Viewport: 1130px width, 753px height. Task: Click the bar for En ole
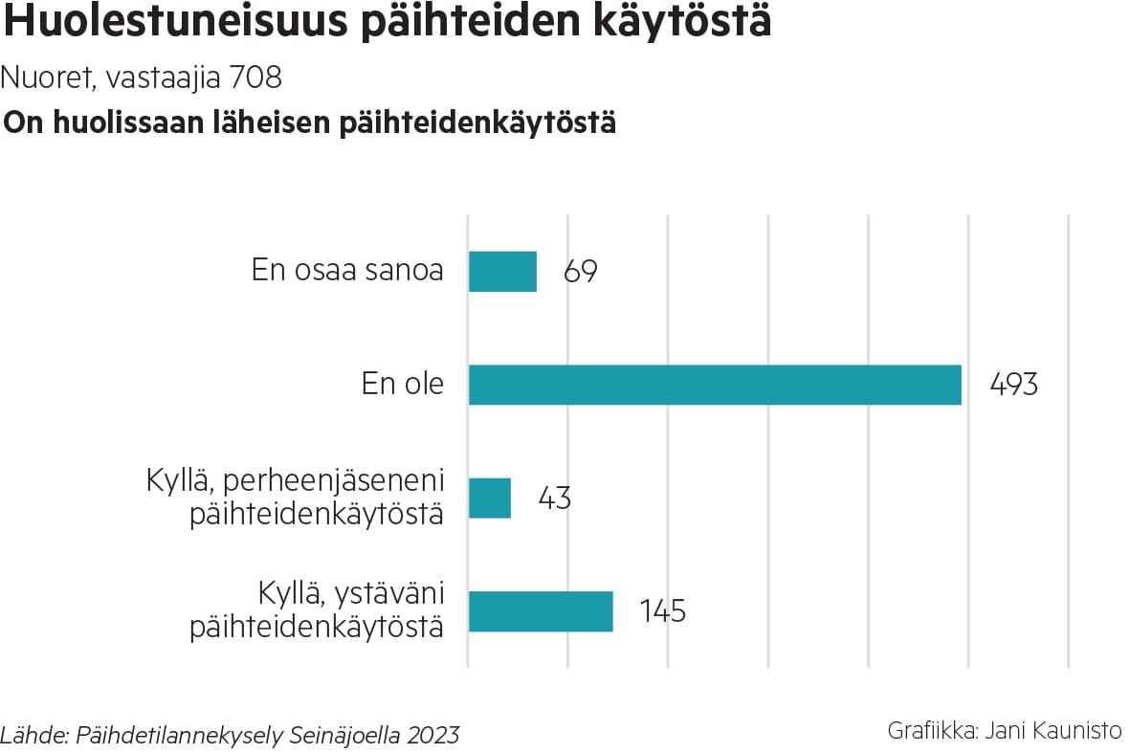pos(715,385)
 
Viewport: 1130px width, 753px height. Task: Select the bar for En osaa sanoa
pos(502,272)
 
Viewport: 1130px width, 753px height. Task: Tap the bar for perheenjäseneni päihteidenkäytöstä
pos(490,498)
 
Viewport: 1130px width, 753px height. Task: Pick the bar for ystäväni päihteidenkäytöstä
pos(541,611)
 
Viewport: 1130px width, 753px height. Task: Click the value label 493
pos(1012,385)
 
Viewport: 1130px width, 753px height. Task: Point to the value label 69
pos(581,272)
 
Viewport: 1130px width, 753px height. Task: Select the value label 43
pos(554,498)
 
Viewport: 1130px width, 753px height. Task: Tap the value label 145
pos(662,611)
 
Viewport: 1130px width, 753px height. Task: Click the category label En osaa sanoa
pos(347,271)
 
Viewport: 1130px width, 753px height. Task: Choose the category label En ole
pos(402,385)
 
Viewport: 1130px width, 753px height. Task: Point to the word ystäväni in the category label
pos(387,594)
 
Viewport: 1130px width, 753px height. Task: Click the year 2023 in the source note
pos(432,736)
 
